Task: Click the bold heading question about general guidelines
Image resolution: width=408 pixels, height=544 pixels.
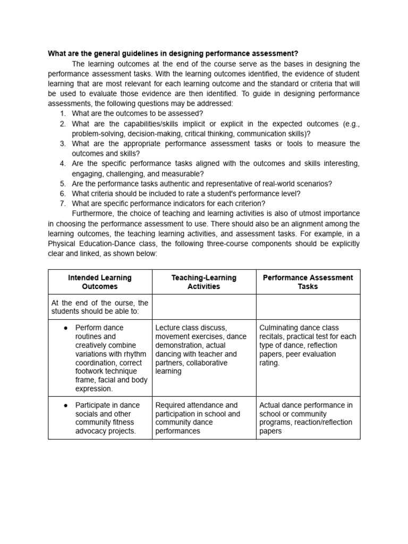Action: coord(173,54)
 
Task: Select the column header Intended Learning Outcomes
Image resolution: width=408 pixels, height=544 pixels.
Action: coord(100,282)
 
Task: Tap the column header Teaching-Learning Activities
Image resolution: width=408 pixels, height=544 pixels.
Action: coord(203,282)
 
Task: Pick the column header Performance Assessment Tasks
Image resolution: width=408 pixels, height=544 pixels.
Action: coord(308,282)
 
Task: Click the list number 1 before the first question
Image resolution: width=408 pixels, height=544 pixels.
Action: coord(63,113)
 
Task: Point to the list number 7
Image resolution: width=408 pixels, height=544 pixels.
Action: coord(63,203)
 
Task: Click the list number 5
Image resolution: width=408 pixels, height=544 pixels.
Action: coord(63,183)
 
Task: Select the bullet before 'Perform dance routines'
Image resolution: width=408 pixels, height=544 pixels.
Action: coord(65,328)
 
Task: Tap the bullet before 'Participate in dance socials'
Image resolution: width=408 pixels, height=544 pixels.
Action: coord(65,405)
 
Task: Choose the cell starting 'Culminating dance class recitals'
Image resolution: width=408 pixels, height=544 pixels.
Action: coord(308,345)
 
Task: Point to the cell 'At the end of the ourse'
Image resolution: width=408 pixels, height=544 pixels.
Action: coord(100,307)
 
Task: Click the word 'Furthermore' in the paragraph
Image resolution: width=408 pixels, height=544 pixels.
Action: coord(94,214)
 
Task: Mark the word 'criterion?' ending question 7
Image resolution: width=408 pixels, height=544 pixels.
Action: coord(248,203)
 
